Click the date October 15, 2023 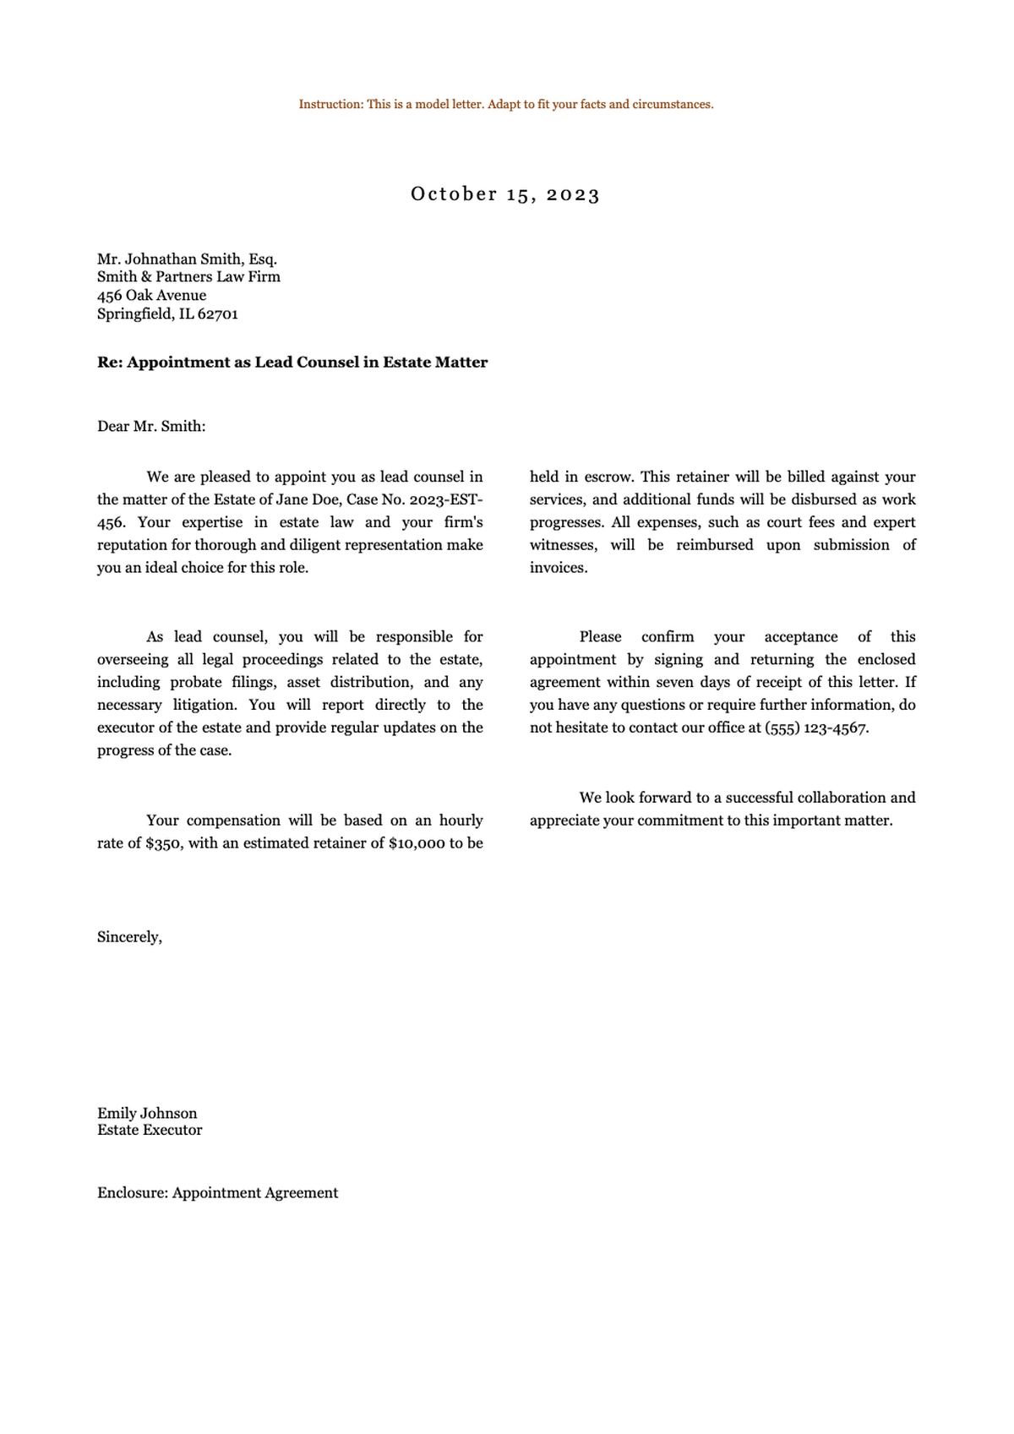pos(505,194)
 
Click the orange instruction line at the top pos(505,105)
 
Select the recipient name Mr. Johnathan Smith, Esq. pos(187,259)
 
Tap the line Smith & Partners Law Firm pos(188,277)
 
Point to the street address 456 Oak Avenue pos(151,296)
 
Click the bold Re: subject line pos(292,363)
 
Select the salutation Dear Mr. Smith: pos(151,427)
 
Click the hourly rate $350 pos(163,843)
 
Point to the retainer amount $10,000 pos(417,843)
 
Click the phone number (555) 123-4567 pos(815,728)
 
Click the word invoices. pos(558,568)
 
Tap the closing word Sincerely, pos(129,937)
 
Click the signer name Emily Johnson pos(147,1114)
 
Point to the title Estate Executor pos(150,1131)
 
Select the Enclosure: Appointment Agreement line pos(217,1193)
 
